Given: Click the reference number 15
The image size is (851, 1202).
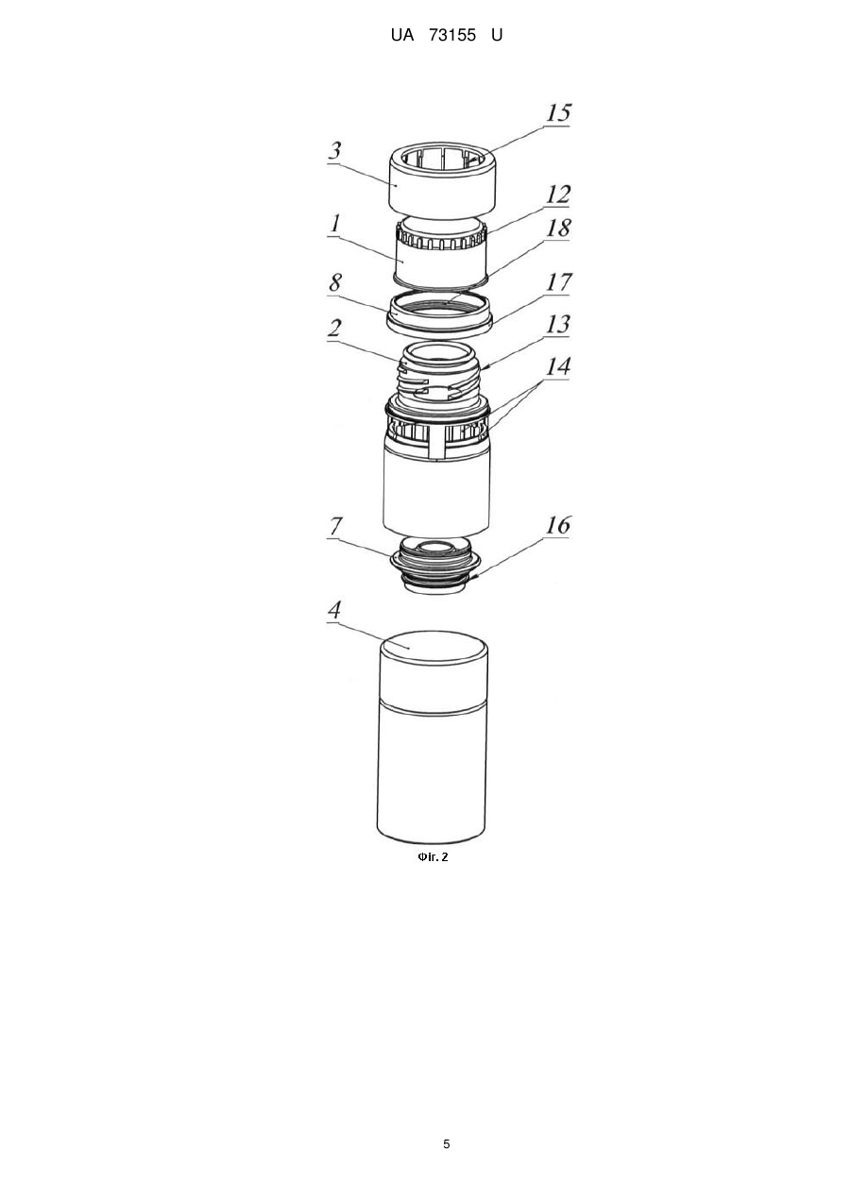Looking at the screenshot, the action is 558,112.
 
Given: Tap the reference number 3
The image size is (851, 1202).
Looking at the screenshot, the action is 335,150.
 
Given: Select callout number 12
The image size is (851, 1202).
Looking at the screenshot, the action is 558,195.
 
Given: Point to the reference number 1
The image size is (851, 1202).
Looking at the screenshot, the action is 335,223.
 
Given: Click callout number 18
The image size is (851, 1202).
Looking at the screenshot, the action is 558,228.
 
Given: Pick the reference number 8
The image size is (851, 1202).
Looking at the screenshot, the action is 335,282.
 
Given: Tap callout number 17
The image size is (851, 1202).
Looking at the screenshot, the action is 558,282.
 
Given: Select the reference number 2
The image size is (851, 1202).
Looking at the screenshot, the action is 335,328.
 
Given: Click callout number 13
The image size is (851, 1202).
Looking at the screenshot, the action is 558,325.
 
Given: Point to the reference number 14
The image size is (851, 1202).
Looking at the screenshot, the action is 558,366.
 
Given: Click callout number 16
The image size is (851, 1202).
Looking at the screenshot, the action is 558,525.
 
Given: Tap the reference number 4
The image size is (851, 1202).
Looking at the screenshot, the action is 335,610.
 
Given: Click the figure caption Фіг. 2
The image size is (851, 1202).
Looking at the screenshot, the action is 433,857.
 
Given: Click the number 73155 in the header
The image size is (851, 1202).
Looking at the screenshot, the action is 452,36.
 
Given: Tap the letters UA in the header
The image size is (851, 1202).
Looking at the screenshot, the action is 402,36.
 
